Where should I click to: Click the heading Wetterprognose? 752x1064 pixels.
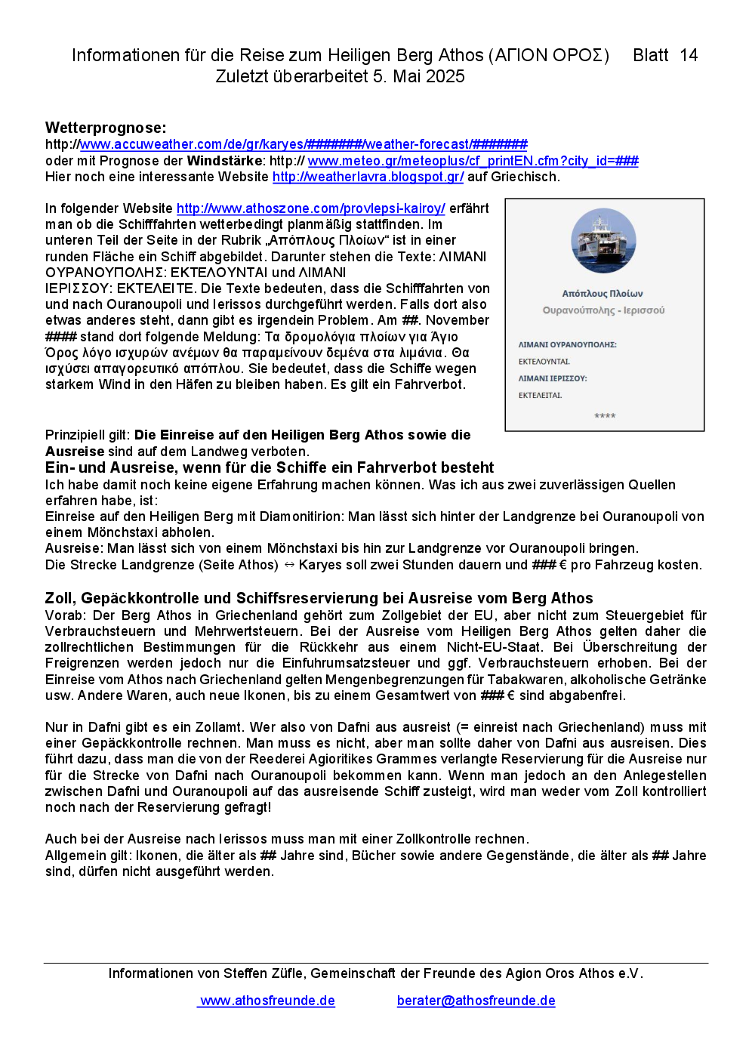pyautogui.click(x=106, y=128)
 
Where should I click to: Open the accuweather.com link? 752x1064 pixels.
pyautogui.click(x=302, y=144)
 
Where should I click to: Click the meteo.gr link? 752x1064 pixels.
pyautogui.click(x=473, y=161)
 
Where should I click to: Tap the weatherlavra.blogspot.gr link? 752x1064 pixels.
pyautogui.click(x=368, y=177)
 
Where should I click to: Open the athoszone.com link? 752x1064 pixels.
pyautogui.click(x=310, y=208)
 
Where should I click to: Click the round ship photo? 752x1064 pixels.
pyautogui.click(x=603, y=241)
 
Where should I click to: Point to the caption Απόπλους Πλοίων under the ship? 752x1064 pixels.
pyautogui.click(x=603, y=294)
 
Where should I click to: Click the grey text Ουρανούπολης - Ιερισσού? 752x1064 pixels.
pyautogui.click(x=603, y=310)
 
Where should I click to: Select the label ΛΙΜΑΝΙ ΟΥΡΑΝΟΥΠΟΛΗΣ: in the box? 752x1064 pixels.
pyautogui.click(x=567, y=344)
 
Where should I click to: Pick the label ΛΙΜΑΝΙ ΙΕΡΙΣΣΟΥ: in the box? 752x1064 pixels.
pyautogui.click(x=552, y=378)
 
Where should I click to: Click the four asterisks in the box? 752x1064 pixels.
pyautogui.click(x=605, y=416)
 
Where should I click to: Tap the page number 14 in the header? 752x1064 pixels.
pyautogui.click(x=689, y=55)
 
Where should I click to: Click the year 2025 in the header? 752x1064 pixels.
pyautogui.click(x=445, y=76)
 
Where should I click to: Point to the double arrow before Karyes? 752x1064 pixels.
pyautogui.click(x=288, y=565)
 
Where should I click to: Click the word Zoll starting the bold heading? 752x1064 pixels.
pyautogui.click(x=60, y=598)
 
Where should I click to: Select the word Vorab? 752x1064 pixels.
pyautogui.click(x=65, y=615)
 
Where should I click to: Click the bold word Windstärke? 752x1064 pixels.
pyautogui.click(x=224, y=161)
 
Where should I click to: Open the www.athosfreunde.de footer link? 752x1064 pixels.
pyautogui.click(x=267, y=1001)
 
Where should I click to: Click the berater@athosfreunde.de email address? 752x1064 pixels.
pyautogui.click(x=476, y=1001)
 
